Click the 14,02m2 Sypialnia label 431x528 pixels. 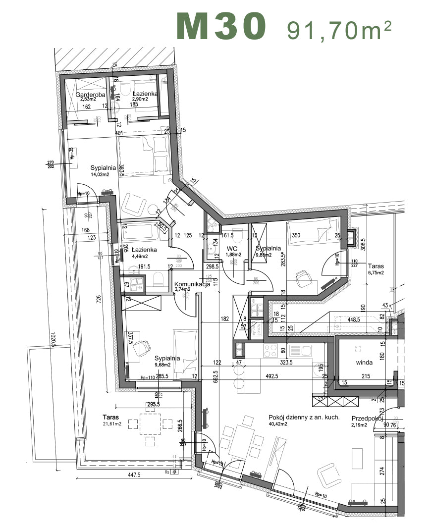pos(103,170)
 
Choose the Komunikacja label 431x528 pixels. pos(192,284)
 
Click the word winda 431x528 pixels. pos(364,362)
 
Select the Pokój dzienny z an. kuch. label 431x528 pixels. pos(304,417)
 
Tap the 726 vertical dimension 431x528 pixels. pos(98,301)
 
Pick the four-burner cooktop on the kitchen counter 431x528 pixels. pos(271,351)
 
